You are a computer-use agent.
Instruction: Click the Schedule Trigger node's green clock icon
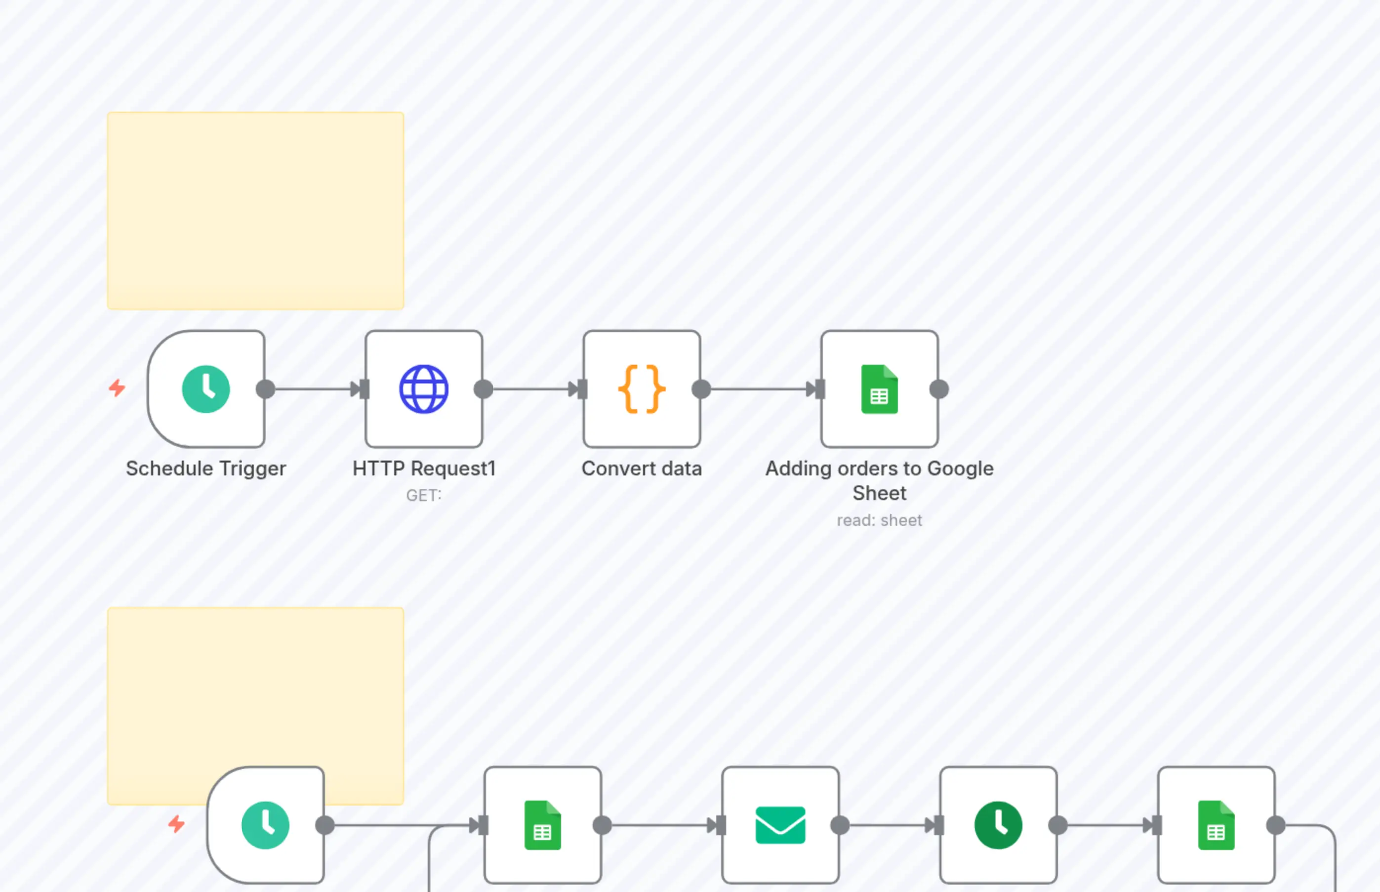[205, 389]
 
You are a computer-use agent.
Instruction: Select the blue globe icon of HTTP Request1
[424, 389]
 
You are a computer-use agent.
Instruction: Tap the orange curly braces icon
[642, 389]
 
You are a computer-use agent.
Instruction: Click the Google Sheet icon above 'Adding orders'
[879, 389]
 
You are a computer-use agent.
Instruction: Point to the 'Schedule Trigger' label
[205, 468]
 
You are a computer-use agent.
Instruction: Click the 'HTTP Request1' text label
[424, 468]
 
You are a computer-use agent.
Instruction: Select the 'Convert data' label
[642, 468]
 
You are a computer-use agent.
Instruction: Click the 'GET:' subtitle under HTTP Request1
[423, 496]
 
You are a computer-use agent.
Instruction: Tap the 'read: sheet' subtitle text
[879, 521]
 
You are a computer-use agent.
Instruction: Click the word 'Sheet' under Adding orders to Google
[879, 494]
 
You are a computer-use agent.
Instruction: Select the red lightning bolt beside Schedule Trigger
[118, 388]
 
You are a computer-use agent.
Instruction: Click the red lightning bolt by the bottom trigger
[176, 824]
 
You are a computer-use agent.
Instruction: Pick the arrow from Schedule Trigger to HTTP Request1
[316, 389]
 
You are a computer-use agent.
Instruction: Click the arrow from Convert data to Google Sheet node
[761, 389]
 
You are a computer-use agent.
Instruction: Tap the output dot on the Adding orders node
[939, 389]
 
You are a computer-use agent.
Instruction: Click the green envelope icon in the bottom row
[780, 825]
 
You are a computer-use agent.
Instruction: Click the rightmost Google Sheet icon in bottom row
[1216, 825]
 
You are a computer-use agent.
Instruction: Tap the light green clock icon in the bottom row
[265, 825]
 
